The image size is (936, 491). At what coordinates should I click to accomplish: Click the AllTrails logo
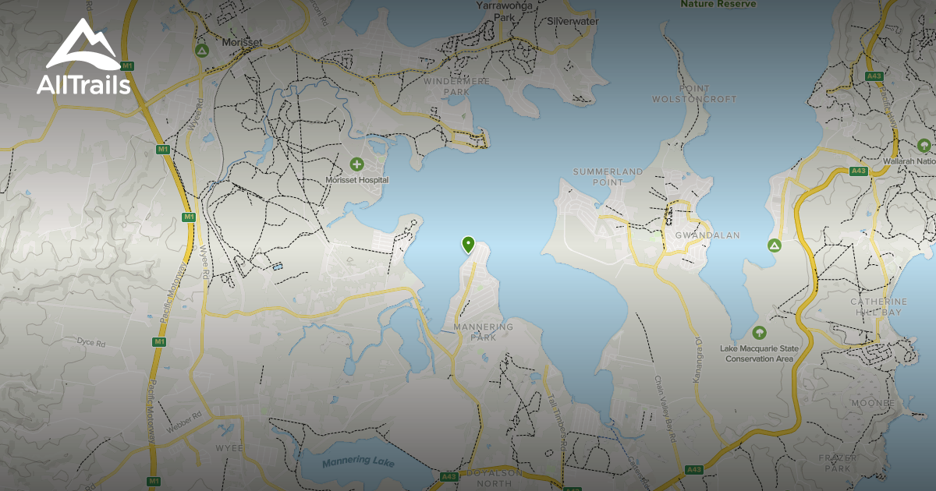(x=83, y=58)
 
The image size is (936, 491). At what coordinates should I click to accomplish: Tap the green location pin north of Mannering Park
(x=468, y=245)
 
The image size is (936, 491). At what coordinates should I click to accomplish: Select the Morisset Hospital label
(x=356, y=180)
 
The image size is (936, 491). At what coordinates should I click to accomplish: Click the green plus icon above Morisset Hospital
(x=356, y=164)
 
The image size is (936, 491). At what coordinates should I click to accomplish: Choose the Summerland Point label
(x=608, y=176)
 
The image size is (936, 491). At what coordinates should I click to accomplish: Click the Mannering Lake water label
(x=359, y=462)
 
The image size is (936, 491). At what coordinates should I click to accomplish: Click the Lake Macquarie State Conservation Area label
(x=759, y=353)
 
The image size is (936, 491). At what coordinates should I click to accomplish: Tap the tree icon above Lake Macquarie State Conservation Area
(x=760, y=333)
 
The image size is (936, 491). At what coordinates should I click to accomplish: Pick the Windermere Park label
(x=446, y=86)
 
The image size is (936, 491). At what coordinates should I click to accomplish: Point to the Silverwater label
(x=573, y=21)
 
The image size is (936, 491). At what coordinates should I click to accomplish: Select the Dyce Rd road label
(x=90, y=341)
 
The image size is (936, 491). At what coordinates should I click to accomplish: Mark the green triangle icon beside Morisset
(x=201, y=51)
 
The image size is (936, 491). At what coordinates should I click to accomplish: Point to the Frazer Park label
(x=838, y=463)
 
